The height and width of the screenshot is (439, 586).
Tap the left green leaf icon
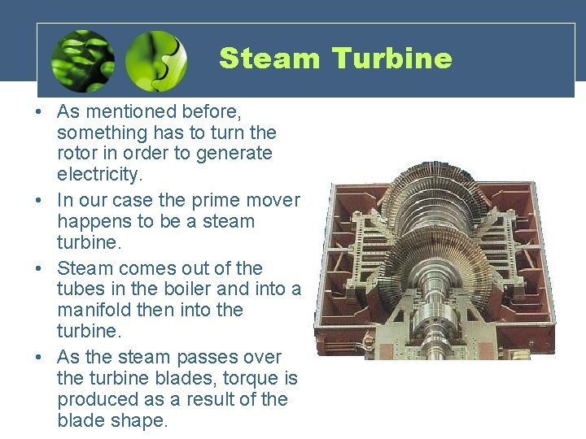[x=82, y=60]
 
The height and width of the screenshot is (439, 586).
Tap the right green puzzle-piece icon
[x=156, y=60]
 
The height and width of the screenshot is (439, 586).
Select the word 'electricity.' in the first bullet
[x=98, y=174]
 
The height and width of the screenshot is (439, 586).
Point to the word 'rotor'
[x=79, y=153]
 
